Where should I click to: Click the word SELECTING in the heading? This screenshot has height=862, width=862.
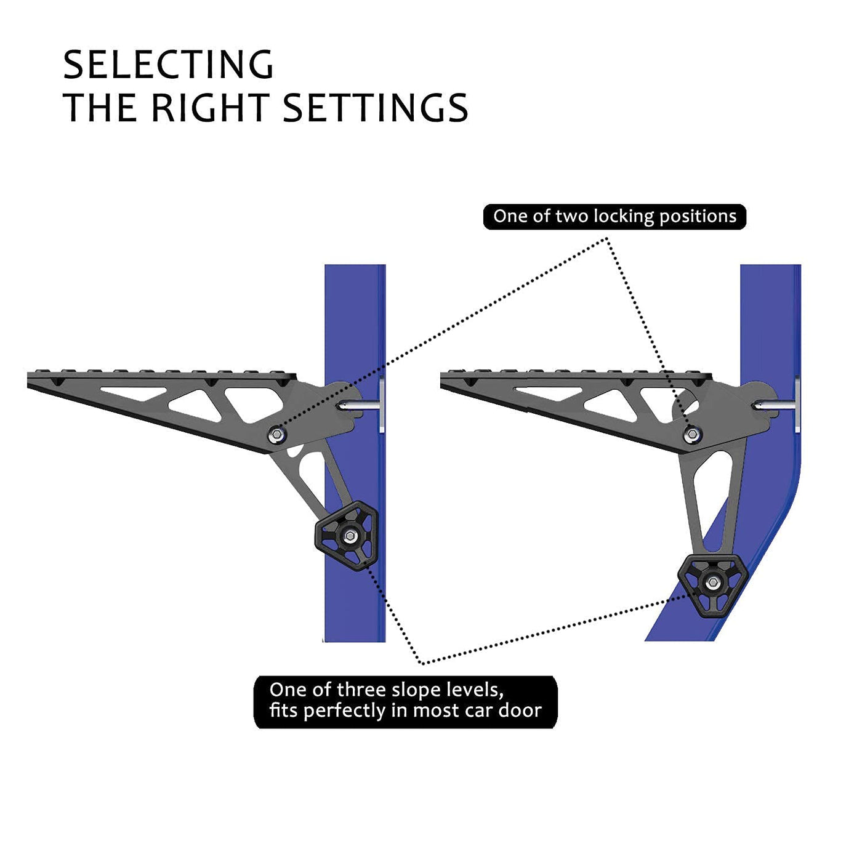pyautogui.click(x=168, y=65)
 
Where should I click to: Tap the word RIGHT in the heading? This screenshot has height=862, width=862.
pyautogui.click(x=209, y=108)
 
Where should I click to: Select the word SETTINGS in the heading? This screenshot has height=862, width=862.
pyautogui.click(x=375, y=108)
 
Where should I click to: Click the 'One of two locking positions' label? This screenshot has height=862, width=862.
pyautogui.click(x=614, y=217)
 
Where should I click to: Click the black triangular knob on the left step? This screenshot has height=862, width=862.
pyautogui.click(x=346, y=536)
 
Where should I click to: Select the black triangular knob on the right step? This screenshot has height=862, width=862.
pyautogui.click(x=712, y=583)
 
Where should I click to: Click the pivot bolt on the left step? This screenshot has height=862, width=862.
pyautogui.click(x=278, y=435)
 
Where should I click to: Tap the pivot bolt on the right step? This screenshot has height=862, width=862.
pyautogui.click(x=692, y=435)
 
